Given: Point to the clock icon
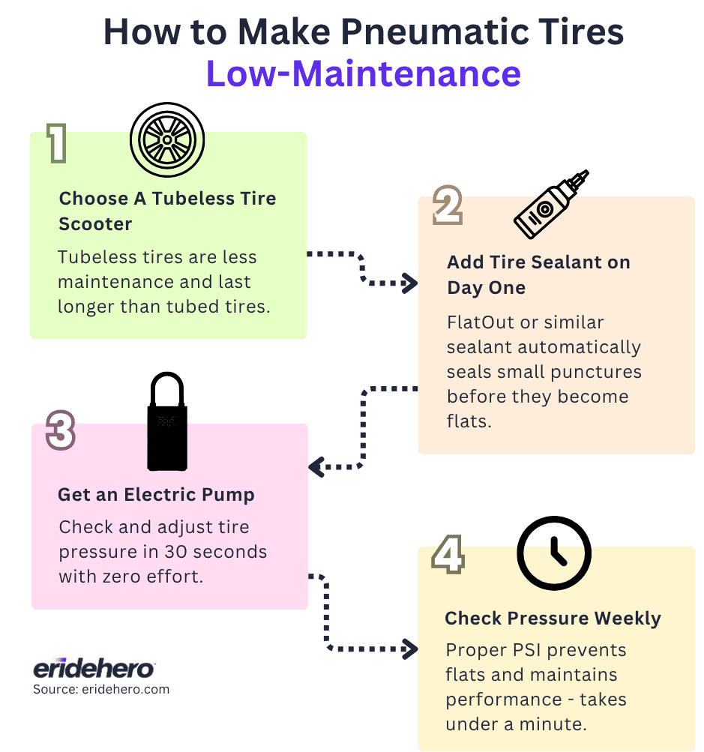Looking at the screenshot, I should pyautogui.click(x=554, y=554).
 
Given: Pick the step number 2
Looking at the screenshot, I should pyautogui.click(x=448, y=207).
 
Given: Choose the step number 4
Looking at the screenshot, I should pyautogui.click(x=448, y=556).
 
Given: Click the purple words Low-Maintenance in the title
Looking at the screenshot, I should pyautogui.click(x=364, y=73).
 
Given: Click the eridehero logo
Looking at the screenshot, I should pyautogui.click(x=93, y=669).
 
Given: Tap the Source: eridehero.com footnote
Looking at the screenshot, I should pyautogui.click(x=100, y=689).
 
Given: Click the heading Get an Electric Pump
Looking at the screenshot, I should pyautogui.click(x=156, y=495).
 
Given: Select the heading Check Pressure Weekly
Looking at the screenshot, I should pyautogui.click(x=553, y=619).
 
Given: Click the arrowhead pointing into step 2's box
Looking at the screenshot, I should pyautogui.click(x=410, y=283).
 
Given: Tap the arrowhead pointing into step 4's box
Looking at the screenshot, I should pyautogui.click(x=410, y=648).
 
